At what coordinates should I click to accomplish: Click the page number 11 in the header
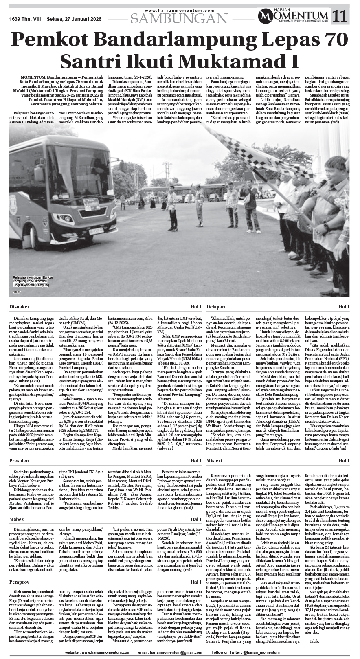pyautogui.click(x=341, y=16)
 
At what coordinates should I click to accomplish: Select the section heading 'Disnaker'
pyautogui.click(x=20, y=306)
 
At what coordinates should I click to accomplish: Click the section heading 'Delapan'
pyautogui.click(x=215, y=306)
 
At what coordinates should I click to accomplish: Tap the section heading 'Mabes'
pyautogui.click(x=18, y=520)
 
